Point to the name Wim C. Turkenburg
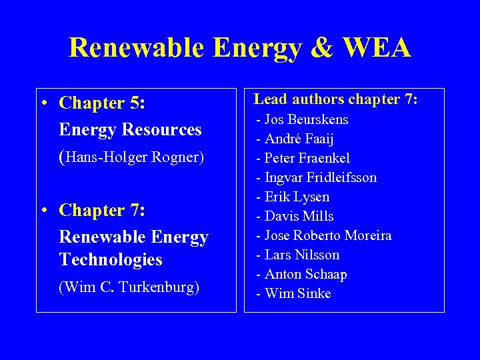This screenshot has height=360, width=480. tap(129, 287)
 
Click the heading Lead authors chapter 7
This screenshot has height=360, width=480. tap(335, 99)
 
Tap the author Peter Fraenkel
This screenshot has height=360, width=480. tap(307, 159)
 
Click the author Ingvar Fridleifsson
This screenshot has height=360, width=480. tap(320, 178)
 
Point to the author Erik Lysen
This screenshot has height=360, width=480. tap(297, 197)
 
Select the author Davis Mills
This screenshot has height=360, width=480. tap(299, 217)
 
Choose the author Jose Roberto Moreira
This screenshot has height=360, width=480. tap(328, 236)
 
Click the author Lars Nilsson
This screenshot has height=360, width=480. tap(301, 255)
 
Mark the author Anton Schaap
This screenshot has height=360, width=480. tap(305, 275)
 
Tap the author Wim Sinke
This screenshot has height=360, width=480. tap(297, 294)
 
